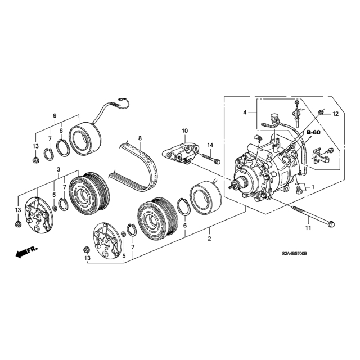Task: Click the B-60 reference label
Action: (x=314, y=132)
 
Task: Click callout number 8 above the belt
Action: (x=140, y=138)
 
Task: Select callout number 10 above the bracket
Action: (x=185, y=131)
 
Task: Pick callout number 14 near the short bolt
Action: (x=210, y=145)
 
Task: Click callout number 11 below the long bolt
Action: (x=308, y=228)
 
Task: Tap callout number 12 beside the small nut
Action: (x=336, y=114)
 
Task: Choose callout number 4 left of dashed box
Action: (x=245, y=112)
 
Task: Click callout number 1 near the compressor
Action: (x=313, y=187)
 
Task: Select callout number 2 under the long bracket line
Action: (x=209, y=238)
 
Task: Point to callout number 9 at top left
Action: (x=55, y=116)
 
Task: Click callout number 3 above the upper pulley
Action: (x=58, y=169)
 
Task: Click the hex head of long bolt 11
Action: (x=332, y=223)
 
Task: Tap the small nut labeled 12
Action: (x=321, y=112)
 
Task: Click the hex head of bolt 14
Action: (x=218, y=161)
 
